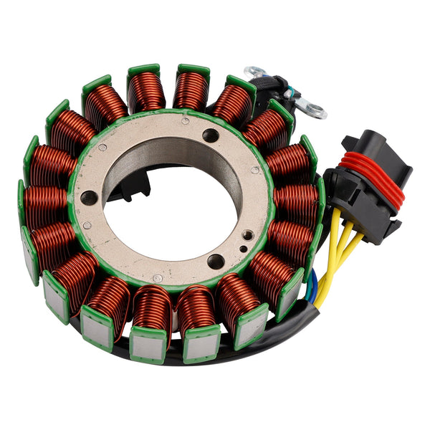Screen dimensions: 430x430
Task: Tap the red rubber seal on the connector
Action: tap(373, 172)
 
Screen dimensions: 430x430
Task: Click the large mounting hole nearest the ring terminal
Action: tap(211, 135)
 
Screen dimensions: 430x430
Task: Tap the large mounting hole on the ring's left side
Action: tap(88, 198)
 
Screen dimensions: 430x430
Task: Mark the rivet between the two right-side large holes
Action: tap(255, 171)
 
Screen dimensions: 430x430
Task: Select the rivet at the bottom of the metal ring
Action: tap(158, 277)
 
